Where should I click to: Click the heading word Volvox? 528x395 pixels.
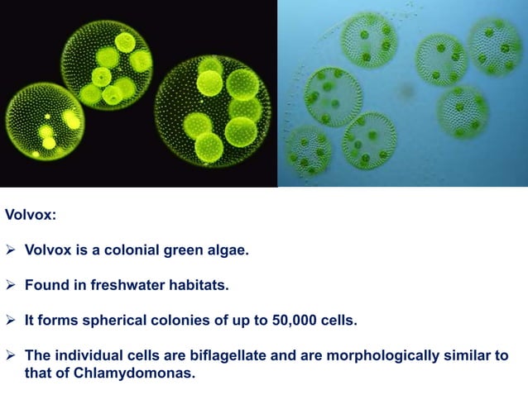[31, 217]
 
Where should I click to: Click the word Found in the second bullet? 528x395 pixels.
[45, 285]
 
